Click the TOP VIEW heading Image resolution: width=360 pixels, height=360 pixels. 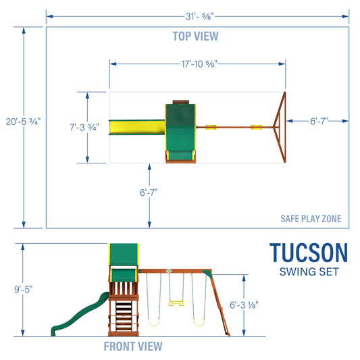[197, 36]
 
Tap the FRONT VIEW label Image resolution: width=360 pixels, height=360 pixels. [133, 346]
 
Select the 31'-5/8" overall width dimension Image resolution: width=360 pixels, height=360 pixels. [197, 14]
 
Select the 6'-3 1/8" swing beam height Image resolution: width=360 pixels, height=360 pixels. [263, 305]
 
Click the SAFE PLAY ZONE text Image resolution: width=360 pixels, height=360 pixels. [311, 219]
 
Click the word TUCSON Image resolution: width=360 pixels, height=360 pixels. [309, 253]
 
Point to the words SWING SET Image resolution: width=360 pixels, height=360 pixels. [309, 272]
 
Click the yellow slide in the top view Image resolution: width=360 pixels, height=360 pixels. [138, 127]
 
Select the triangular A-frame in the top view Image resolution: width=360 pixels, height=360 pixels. [279, 126]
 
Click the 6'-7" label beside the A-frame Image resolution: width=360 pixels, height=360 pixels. [319, 121]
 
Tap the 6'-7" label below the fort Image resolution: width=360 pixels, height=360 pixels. [149, 192]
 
